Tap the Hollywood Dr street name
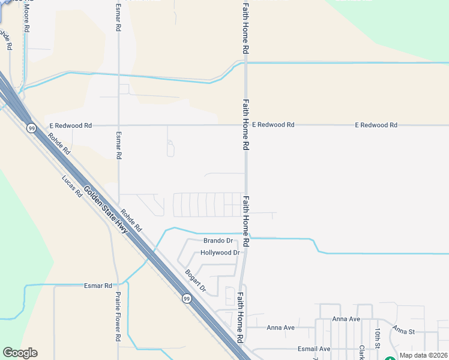point(220,253)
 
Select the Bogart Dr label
point(195,280)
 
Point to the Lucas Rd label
point(72,187)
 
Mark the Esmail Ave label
point(314,349)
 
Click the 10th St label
point(378,338)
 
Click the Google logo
point(20,353)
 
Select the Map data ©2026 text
point(423,355)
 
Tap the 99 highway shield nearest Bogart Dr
point(187,299)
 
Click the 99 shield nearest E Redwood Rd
point(31,128)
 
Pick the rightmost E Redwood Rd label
point(376,125)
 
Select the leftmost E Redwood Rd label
point(71,125)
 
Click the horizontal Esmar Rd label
point(98,286)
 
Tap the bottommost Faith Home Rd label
point(240,317)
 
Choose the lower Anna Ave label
point(280,328)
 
